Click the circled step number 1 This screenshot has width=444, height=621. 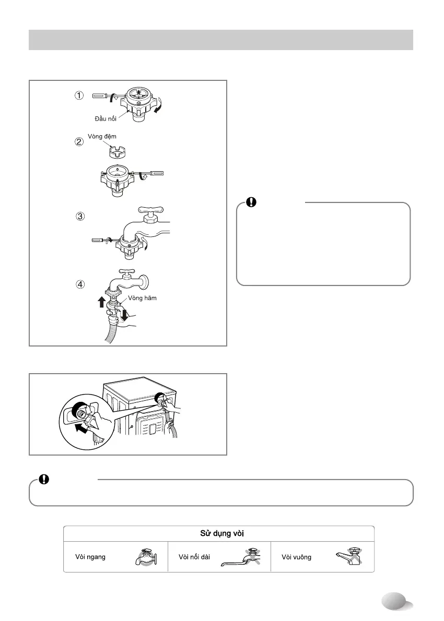pos(78,95)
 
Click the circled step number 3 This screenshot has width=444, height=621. pos(80,217)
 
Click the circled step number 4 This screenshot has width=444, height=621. pos(80,285)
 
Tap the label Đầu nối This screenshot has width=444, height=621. pos(106,120)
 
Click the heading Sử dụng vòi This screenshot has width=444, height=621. pos(219,534)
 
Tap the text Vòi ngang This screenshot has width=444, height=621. pos(91,557)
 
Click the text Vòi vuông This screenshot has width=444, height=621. pos(296,557)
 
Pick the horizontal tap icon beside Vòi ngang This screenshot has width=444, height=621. pos(144,557)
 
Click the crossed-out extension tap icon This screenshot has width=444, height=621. pos(246,557)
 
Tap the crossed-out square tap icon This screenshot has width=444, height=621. pos(348,557)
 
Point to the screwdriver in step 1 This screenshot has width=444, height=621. pos(106,95)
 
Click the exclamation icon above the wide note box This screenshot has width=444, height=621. pos(44,480)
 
